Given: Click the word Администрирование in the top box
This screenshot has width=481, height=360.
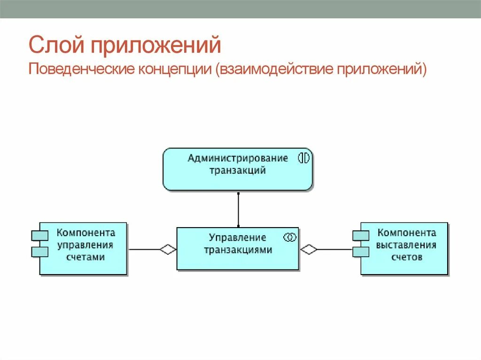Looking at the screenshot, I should pos(238,158).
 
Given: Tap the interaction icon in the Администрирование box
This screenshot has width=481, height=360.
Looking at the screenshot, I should pos(304,158).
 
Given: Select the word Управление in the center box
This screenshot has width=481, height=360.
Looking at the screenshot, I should pos(237,237).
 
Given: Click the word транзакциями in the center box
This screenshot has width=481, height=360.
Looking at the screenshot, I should pos(238,250).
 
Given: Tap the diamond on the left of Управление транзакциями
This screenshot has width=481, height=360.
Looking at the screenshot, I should pos(168,249).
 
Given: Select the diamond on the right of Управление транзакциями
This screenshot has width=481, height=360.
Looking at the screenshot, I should pos(309,249).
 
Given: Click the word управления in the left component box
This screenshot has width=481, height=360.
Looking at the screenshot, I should pos(85,245).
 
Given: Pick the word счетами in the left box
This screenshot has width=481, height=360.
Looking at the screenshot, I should pos(85,257).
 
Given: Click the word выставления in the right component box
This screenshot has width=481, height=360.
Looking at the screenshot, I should pos(406,245).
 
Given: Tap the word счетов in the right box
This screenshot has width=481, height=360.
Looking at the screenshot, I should pos(406,257).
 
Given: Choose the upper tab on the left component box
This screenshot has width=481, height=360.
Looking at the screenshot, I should pos(40,236).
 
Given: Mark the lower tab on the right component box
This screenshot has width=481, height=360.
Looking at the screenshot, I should pos(361,252).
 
